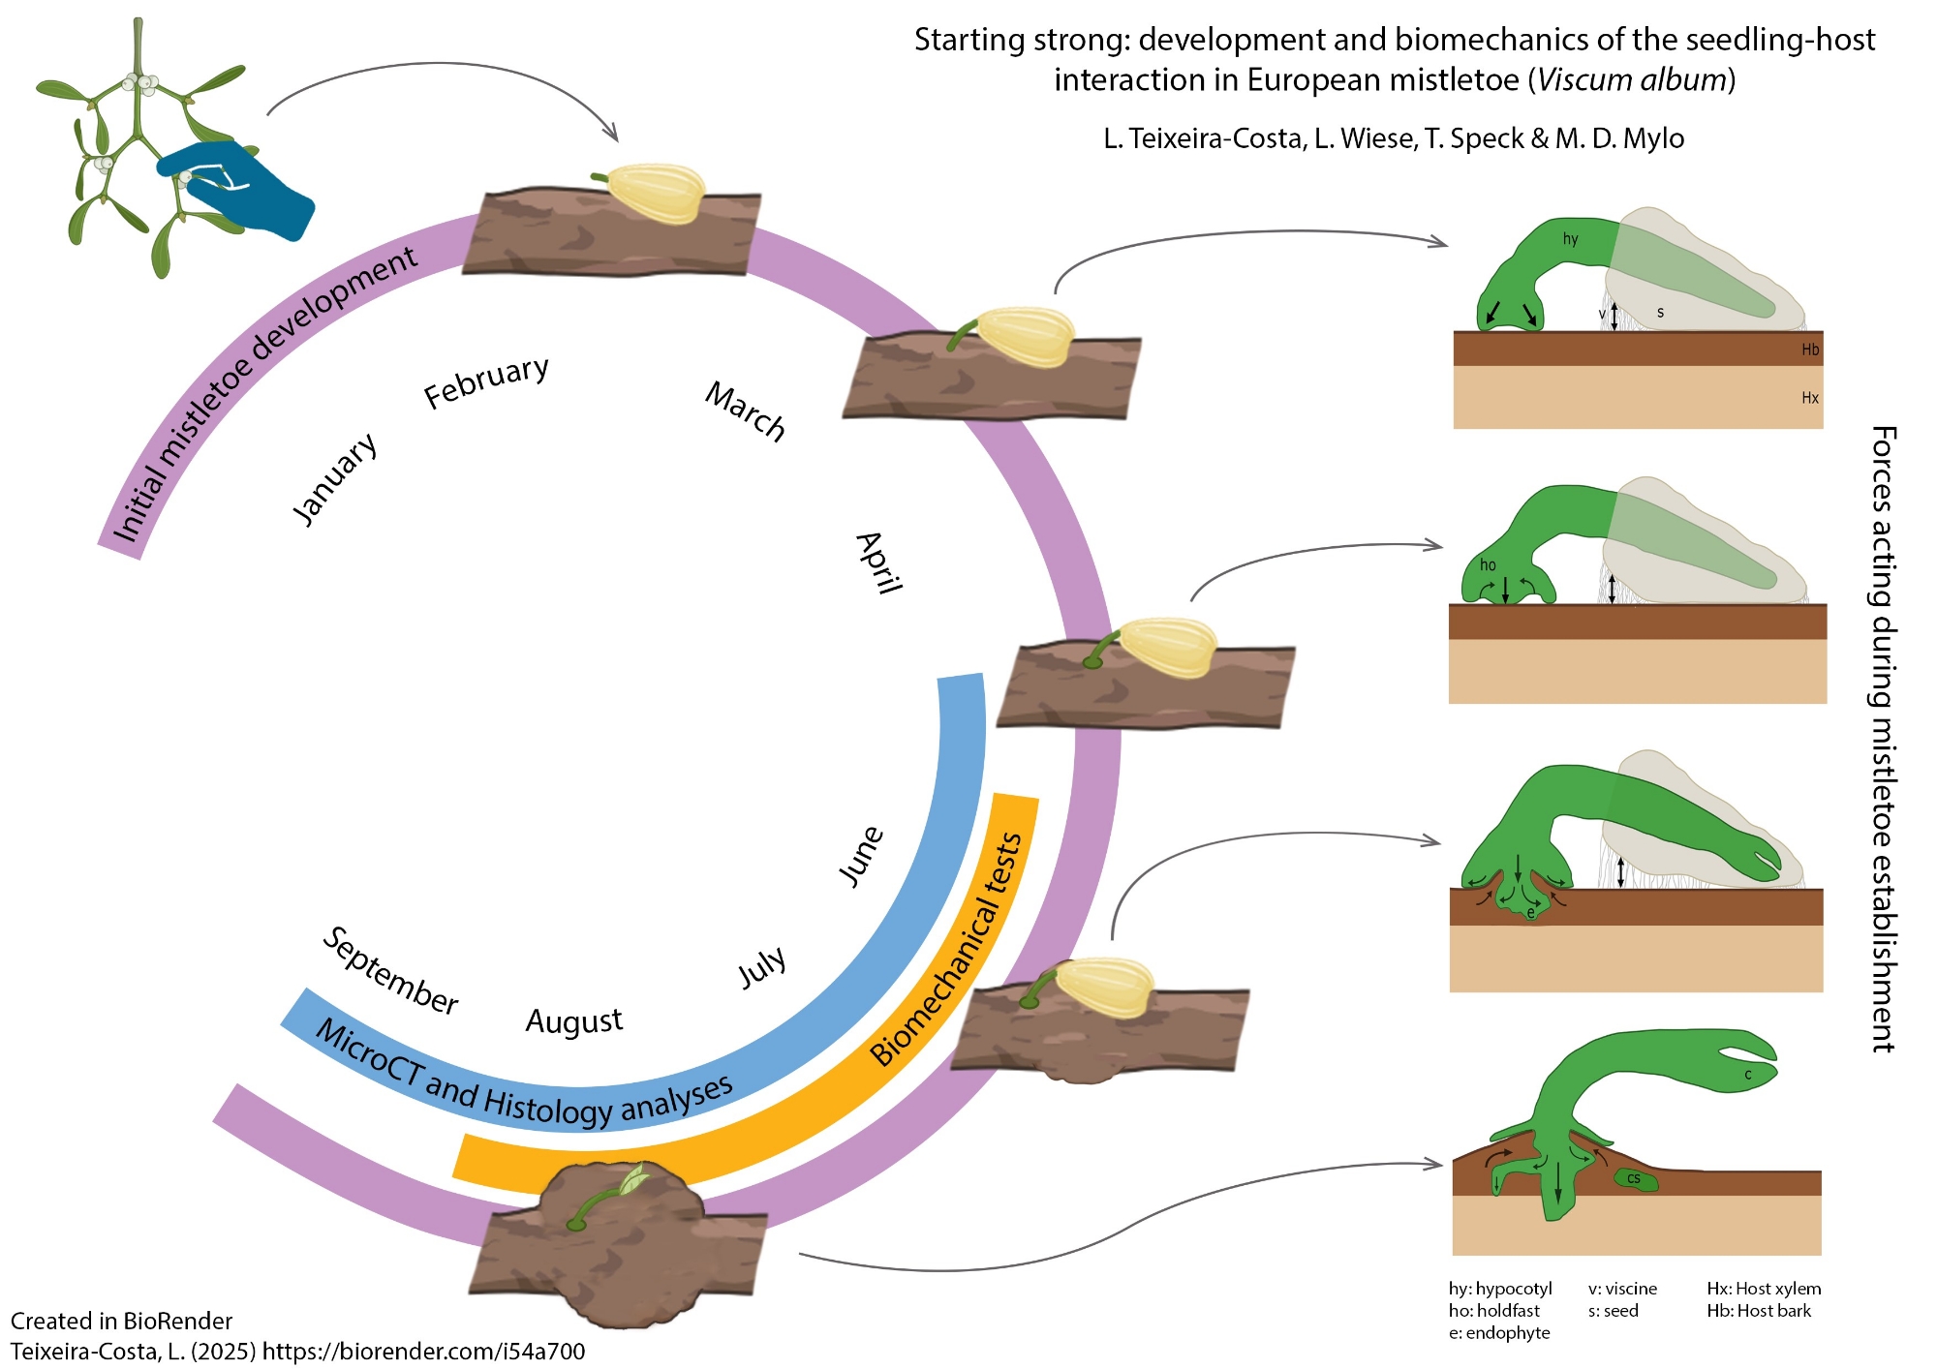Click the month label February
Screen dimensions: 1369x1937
pyautogui.click(x=486, y=381)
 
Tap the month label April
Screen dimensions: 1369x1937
pyautogui.click(x=879, y=563)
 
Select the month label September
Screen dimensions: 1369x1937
pyautogui.click(x=390, y=971)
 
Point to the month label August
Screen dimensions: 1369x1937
pyautogui.click(x=573, y=1021)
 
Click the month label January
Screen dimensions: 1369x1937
pyautogui.click(x=334, y=478)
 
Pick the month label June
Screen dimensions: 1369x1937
pyautogui.click(x=860, y=856)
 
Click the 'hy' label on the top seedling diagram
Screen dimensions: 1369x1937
pyautogui.click(x=1570, y=239)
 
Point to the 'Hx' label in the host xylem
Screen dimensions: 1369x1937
pyautogui.click(x=1809, y=398)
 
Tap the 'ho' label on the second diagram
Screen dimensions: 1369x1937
pyautogui.click(x=1488, y=565)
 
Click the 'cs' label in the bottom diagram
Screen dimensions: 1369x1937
pyautogui.click(x=1634, y=1178)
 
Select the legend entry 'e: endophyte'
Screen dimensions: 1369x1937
pyautogui.click(x=1499, y=1333)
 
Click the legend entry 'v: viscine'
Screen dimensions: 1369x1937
pyautogui.click(x=1622, y=1289)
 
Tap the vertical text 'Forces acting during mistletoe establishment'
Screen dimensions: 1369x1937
pyautogui.click(x=1883, y=738)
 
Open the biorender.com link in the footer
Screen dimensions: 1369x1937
pyautogui.click(x=423, y=1351)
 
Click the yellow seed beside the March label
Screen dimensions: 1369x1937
pyautogui.click(x=1025, y=336)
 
